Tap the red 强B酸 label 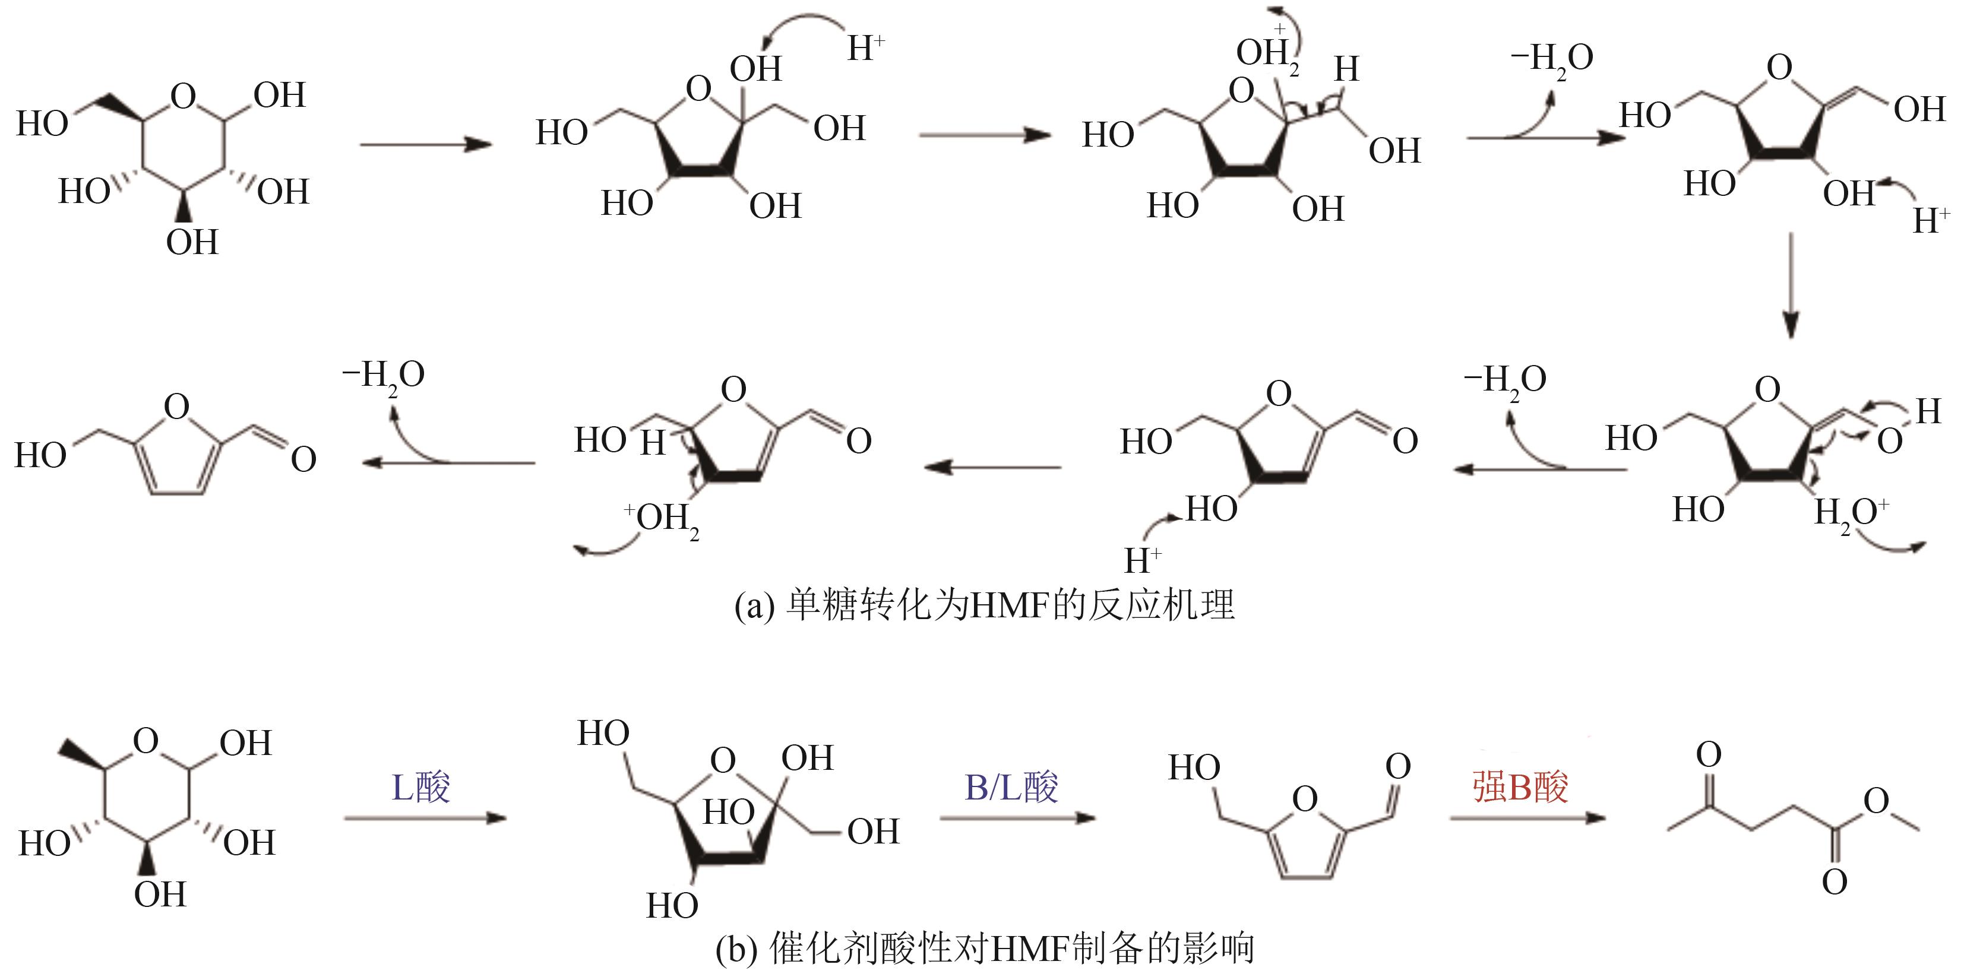pos(1520,787)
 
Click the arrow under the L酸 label pos(425,819)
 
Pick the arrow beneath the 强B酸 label pos(1527,819)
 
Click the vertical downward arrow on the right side pos(1790,286)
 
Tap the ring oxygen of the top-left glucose pos(183,97)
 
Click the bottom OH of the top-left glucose pos(192,242)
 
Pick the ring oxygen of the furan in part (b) pos(1305,800)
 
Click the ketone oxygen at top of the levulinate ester pos(1709,754)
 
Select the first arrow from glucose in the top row pos(425,144)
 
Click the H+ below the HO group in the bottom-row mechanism pos(1142,561)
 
